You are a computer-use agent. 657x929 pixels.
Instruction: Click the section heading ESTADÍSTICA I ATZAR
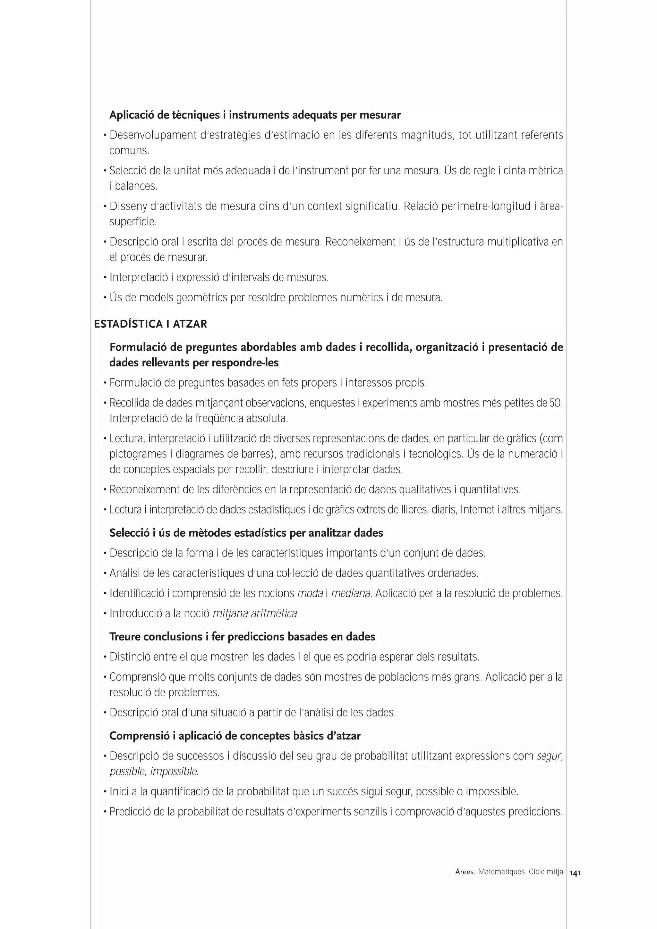[150, 324]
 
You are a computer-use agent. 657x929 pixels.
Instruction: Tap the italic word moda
[310, 594]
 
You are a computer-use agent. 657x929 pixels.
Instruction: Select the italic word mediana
[351, 594]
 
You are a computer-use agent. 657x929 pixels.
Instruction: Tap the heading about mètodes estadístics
[246, 533]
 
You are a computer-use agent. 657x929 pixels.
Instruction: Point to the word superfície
[133, 222]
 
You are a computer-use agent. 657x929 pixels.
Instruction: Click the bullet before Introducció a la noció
[105, 614]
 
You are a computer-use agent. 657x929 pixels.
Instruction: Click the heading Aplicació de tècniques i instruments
[255, 115]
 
